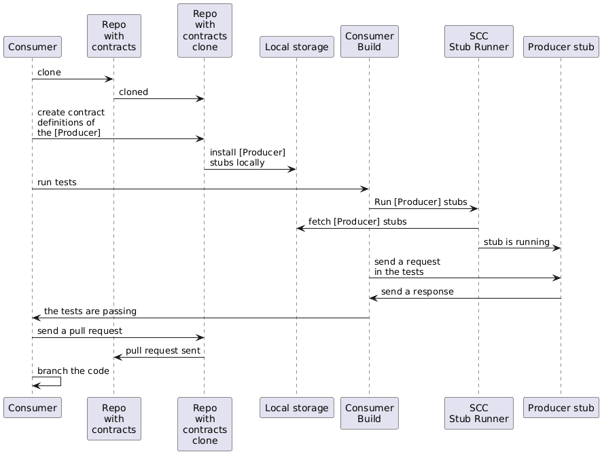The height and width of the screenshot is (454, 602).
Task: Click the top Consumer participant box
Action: pos(32,47)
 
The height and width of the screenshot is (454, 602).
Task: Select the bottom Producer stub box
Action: pos(561,408)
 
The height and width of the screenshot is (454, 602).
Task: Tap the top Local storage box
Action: pos(296,47)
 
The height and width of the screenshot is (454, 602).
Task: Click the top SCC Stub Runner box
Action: pos(478,41)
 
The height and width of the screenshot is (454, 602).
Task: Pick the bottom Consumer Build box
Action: pos(369,413)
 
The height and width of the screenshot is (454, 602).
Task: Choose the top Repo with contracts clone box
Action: pos(205,31)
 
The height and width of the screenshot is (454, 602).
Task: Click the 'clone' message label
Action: pos(49,72)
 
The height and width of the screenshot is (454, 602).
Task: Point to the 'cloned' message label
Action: pos(133,92)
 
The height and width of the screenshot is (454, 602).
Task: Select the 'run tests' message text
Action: pos(56,182)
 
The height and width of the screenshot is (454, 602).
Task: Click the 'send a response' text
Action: pos(417,291)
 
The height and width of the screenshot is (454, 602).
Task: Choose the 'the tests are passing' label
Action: pos(90,311)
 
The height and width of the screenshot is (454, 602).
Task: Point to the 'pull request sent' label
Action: pos(162,350)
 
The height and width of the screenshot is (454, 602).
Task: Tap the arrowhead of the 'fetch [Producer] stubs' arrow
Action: pos(300,229)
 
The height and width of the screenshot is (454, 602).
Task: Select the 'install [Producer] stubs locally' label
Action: pos(247,157)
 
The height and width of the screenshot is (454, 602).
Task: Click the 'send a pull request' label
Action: pos(79,330)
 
